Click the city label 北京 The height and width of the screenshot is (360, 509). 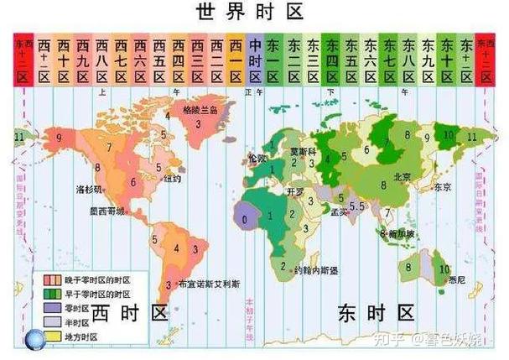pyautogui.click(x=401, y=176)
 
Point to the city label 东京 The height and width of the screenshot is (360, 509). pyautogui.click(x=442, y=186)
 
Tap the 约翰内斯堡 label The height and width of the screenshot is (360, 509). pyautogui.click(x=318, y=271)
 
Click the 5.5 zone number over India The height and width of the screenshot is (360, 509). pyautogui.click(x=356, y=206)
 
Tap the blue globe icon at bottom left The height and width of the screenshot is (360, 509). pyautogui.click(x=34, y=338)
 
